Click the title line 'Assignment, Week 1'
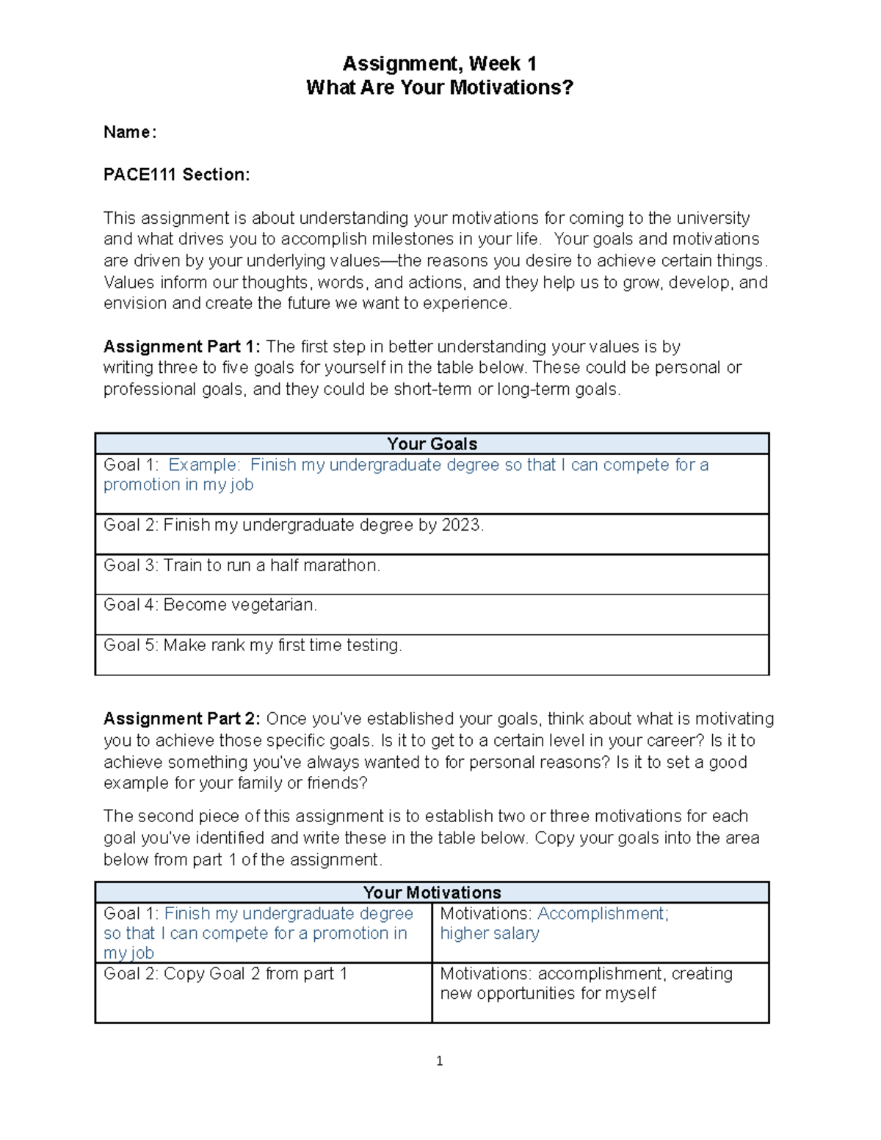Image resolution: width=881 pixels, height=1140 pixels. pos(439,64)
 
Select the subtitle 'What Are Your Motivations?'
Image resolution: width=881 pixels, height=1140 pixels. pos(439,88)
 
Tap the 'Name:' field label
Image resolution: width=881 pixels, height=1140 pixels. pos(129,132)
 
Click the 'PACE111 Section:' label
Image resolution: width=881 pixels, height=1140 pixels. pos(176,175)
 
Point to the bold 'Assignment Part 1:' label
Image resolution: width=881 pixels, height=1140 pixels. pos(181,346)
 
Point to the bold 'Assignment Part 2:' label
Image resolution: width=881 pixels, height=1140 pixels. pos(181,719)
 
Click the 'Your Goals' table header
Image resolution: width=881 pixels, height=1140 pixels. pos(432,444)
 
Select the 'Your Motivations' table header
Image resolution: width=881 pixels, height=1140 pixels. pos(432,893)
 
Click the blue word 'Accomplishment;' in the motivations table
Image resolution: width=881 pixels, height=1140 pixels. pos(603,914)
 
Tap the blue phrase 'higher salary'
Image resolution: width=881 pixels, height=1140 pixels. pos(490,934)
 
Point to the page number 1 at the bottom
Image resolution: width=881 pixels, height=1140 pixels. pos(439,1061)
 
